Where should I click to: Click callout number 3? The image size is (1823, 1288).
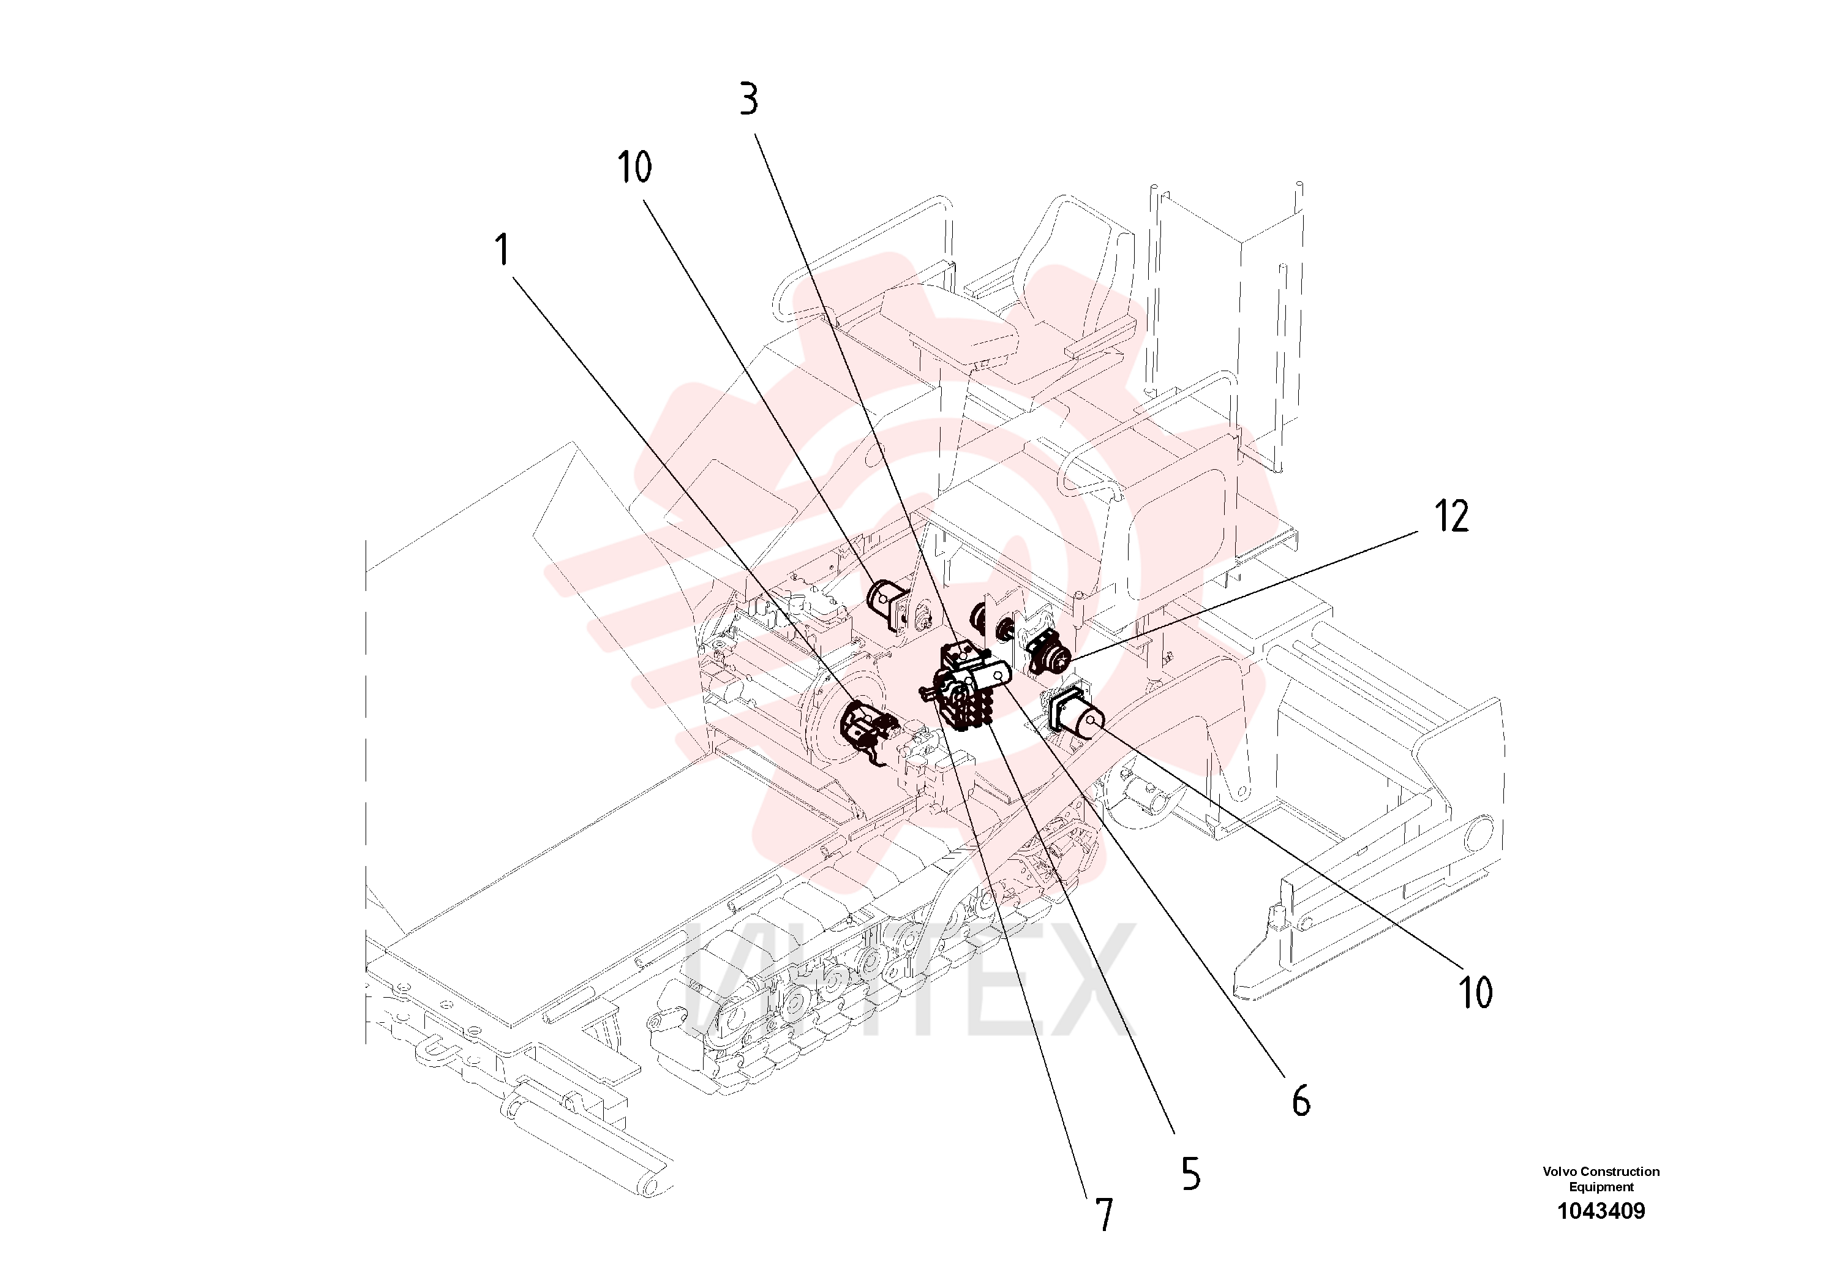point(749,99)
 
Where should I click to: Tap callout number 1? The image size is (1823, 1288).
point(502,249)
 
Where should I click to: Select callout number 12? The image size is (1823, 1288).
point(1451,516)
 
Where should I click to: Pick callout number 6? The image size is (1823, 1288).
point(1301,1101)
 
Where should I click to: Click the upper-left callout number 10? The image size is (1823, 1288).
point(634,167)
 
